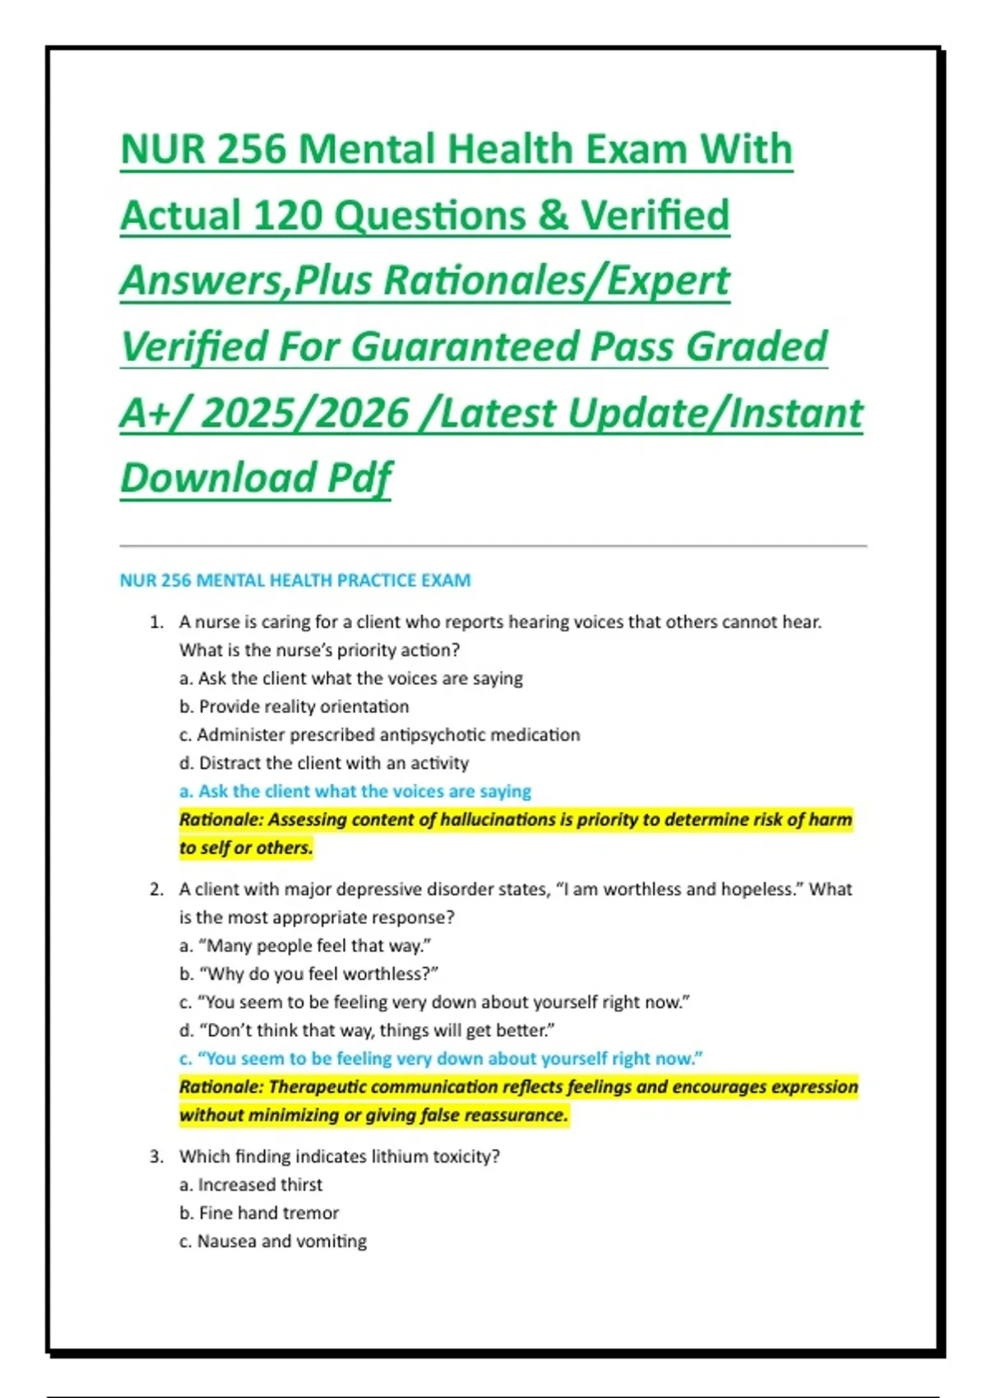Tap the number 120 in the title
coord(289,216)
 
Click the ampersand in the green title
coord(553,216)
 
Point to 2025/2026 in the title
coord(304,413)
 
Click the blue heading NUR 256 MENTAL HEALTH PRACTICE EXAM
coord(295,581)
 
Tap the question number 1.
coord(156,623)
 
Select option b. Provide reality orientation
coord(294,707)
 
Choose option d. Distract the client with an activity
coord(324,763)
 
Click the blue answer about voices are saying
coord(355,791)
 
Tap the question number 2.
coord(156,890)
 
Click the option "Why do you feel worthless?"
coord(309,974)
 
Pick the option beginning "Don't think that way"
coord(367,1030)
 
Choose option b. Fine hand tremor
coord(259,1214)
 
